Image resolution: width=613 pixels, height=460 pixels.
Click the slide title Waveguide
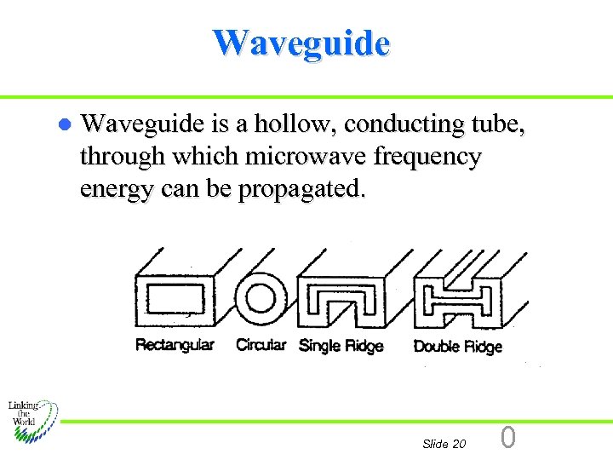tap(301, 42)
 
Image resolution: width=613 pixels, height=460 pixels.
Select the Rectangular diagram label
tap(175, 345)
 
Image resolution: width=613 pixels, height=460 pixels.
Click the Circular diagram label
tap(261, 345)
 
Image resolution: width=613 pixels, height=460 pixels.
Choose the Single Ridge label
tap(341, 346)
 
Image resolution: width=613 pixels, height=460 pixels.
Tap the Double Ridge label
tap(457, 346)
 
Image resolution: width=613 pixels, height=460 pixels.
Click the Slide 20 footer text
tap(444, 444)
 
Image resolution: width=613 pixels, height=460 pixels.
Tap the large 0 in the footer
tap(508, 438)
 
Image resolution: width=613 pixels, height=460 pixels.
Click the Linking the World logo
tap(32, 417)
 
